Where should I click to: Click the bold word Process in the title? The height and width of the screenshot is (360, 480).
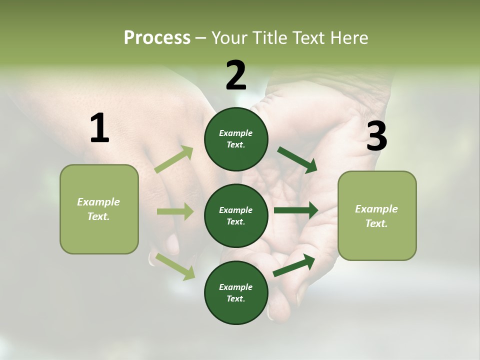pos(157,38)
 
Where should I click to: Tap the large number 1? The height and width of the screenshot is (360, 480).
pos(99,128)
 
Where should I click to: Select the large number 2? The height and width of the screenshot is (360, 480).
pos(236,75)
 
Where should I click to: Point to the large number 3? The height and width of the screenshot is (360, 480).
pos(376,136)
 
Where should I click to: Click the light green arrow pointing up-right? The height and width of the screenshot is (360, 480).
pos(174,159)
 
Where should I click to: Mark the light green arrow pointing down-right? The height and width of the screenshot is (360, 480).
pos(175,266)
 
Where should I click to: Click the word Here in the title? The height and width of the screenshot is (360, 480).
pos(350,38)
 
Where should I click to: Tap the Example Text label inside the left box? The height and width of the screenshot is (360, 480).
pos(98,209)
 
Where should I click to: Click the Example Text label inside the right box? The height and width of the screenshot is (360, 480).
pos(376,216)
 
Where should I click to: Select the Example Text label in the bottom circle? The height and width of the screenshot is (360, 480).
pos(236,293)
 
